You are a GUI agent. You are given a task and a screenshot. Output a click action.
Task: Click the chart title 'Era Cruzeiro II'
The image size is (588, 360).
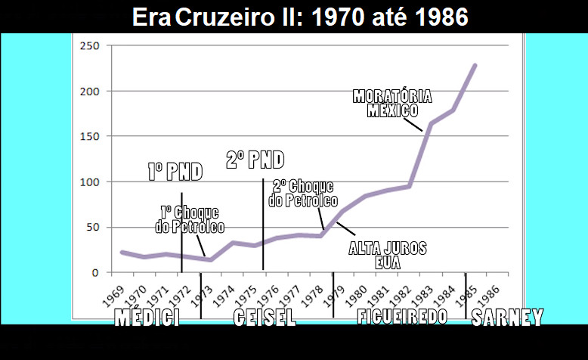pyautogui.click(x=300, y=17)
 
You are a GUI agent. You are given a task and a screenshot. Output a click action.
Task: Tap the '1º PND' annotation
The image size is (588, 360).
pyautogui.click(x=175, y=172)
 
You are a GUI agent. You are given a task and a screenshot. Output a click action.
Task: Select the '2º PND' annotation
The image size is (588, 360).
pyautogui.click(x=255, y=160)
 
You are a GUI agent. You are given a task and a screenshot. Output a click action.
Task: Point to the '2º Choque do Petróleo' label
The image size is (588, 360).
pyautogui.click(x=302, y=194)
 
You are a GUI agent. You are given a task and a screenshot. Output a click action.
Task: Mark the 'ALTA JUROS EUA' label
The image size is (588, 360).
pyautogui.click(x=388, y=256)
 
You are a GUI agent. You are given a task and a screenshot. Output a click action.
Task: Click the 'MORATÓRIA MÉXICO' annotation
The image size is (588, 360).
pyautogui.click(x=393, y=104)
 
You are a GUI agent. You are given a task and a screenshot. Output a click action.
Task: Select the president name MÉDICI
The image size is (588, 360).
pyautogui.click(x=147, y=318)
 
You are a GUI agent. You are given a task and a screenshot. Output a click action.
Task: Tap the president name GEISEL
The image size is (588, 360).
pyautogui.click(x=264, y=318)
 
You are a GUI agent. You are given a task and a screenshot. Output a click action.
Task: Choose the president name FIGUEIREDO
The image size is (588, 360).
pyautogui.click(x=402, y=318)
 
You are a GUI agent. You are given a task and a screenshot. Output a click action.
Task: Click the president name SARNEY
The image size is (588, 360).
pyautogui.click(x=507, y=318)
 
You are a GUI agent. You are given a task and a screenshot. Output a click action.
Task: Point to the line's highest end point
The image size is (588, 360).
pyautogui.click(x=475, y=66)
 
